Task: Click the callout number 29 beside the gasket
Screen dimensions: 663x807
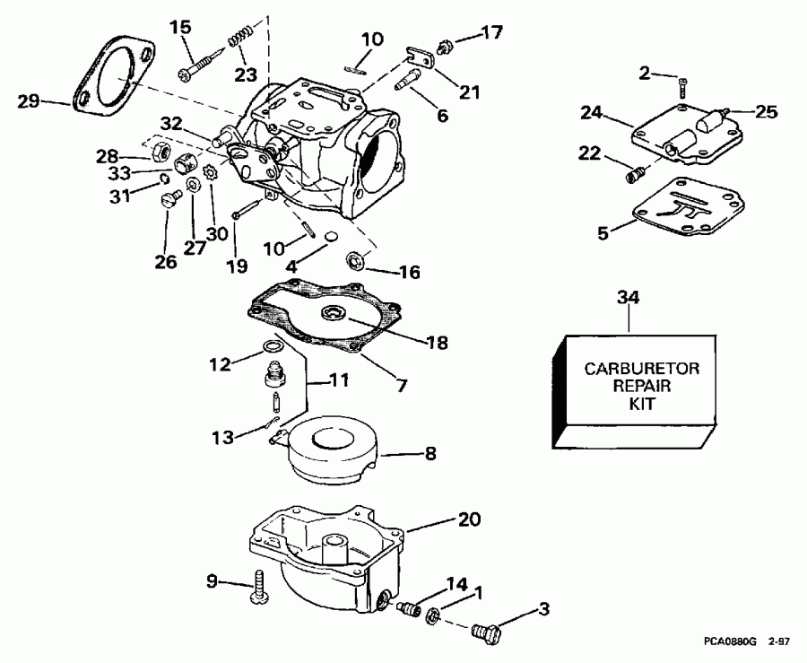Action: [x=29, y=100]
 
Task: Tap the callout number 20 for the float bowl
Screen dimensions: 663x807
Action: [x=469, y=519]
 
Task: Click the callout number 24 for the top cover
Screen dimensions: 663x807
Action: [x=591, y=114]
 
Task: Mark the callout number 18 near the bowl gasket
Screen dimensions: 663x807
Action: [x=438, y=342]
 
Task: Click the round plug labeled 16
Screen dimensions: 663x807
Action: [x=357, y=262]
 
